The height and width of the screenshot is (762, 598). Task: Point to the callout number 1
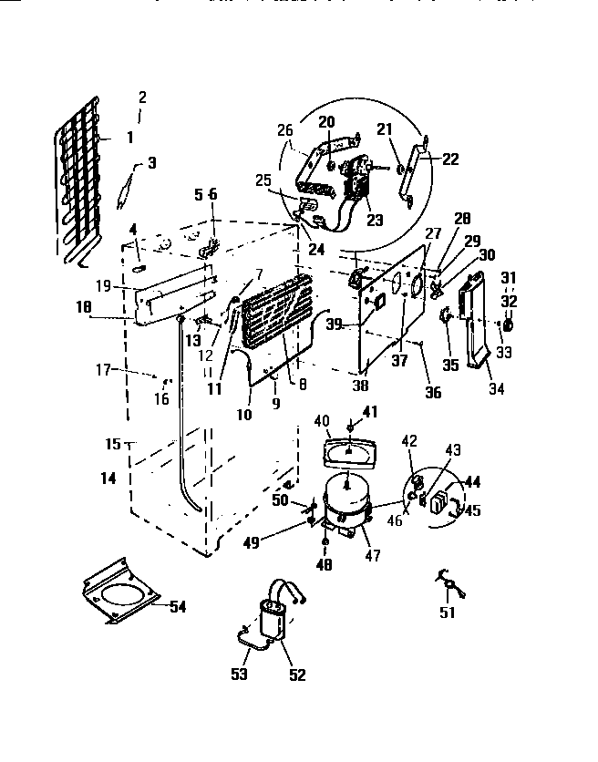tap(129, 139)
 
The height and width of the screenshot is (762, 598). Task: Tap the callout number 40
tap(321, 420)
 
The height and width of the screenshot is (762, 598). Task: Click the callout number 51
tap(448, 613)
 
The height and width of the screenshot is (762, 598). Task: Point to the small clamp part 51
tap(449, 582)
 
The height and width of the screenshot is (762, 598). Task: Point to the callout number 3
tap(151, 163)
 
